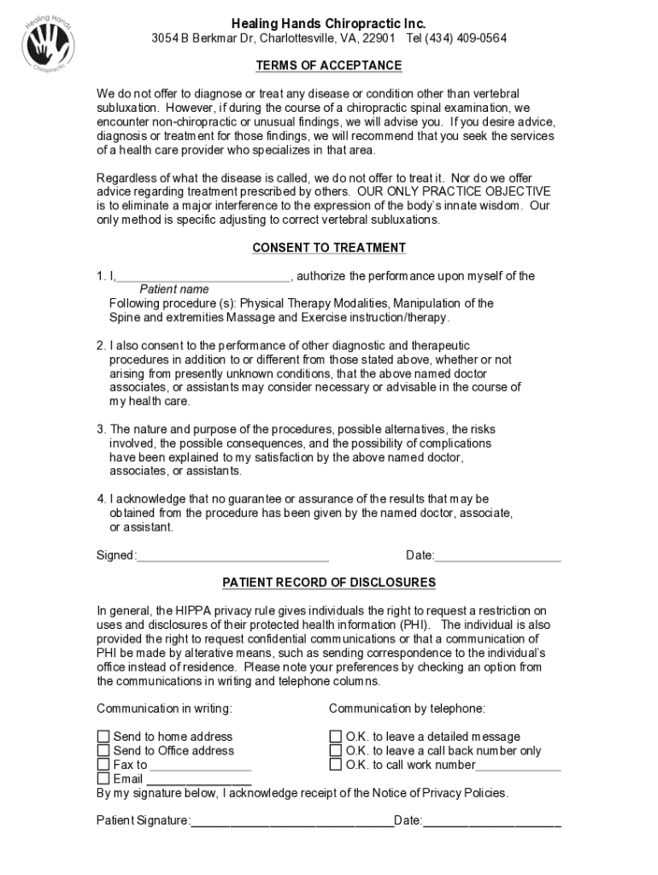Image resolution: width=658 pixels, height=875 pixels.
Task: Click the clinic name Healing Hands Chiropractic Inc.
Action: click(x=328, y=23)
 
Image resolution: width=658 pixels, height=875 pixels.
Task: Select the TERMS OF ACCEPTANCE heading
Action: click(x=328, y=66)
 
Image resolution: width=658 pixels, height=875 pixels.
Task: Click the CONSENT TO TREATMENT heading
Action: click(x=328, y=248)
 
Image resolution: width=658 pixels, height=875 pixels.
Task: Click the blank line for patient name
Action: click(x=203, y=277)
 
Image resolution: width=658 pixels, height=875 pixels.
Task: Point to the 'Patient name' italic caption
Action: click(x=173, y=290)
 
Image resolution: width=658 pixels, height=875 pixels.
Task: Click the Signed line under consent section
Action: click(x=232, y=556)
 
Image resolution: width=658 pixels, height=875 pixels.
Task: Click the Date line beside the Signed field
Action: click(x=497, y=556)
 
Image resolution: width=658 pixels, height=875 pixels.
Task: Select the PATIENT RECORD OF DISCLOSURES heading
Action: click(x=328, y=583)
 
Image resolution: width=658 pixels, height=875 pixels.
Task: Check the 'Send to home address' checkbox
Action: click(x=103, y=737)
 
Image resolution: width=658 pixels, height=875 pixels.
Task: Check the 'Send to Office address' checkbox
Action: click(x=103, y=751)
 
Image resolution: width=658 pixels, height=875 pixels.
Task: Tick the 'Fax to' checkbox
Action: click(x=103, y=765)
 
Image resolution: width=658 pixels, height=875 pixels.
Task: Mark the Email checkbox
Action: click(x=103, y=779)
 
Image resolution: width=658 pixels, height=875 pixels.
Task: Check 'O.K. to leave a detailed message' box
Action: click(x=336, y=737)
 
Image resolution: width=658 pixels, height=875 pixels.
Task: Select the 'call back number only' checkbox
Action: click(x=336, y=751)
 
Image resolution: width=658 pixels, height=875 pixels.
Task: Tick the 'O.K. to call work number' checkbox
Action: click(x=336, y=765)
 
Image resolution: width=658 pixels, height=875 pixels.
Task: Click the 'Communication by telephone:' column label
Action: click(x=407, y=708)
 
